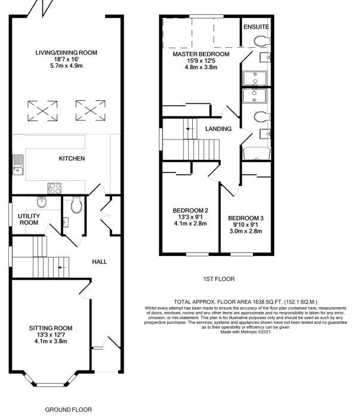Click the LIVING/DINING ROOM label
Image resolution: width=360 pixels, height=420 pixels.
click(x=66, y=52)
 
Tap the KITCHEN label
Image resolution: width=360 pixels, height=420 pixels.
click(x=72, y=159)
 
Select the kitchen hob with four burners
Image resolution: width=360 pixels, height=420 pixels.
click(x=54, y=188)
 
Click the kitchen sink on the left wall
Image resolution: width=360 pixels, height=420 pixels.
click(x=18, y=165)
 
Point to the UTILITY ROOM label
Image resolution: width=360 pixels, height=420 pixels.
click(x=29, y=220)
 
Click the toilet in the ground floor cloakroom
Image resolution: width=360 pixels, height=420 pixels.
click(x=76, y=205)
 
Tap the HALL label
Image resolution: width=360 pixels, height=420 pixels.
click(x=100, y=262)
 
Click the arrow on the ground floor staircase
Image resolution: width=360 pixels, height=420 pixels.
click(x=62, y=267)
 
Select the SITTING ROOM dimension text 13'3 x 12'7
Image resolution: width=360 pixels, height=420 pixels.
click(x=51, y=335)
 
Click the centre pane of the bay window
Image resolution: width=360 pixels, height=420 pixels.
click(x=50, y=385)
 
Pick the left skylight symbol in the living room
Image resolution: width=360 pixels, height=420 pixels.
click(x=42, y=110)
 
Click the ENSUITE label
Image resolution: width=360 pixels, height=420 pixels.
click(x=256, y=27)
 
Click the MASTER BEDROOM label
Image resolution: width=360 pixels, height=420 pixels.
click(x=201, y=54)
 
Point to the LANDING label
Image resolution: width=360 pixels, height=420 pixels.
click(x=218, y=129)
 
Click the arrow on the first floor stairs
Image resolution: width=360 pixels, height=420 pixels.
click(x=190, y=129)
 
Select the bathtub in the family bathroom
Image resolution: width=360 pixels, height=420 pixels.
click(x=257, y=153)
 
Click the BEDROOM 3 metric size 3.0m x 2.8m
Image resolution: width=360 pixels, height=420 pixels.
click(x=246, y=231)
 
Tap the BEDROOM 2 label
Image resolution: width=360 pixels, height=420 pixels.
click(x=190, y=211)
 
